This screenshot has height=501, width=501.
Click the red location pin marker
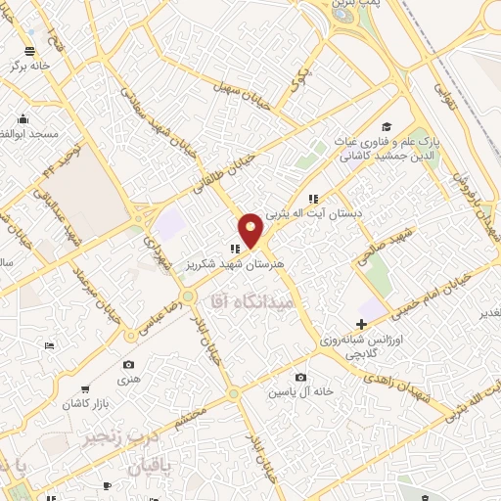pos(250,229)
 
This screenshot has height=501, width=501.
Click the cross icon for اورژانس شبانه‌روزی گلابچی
pos(361,324)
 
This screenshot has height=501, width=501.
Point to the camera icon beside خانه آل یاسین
pos(299,378)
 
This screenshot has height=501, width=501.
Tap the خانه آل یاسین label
pos(303,391)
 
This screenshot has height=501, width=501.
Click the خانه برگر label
pos(29,67)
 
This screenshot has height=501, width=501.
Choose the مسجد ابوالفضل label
pos(32,132)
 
